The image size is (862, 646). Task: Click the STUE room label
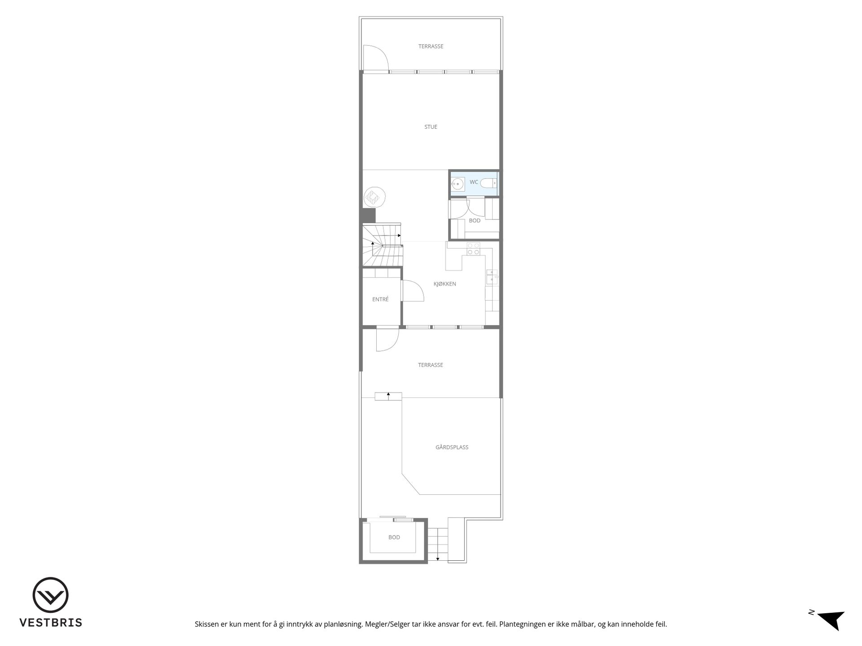431,127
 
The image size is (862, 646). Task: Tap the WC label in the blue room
474,182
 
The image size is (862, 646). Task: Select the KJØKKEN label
444,284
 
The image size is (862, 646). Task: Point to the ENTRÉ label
380,299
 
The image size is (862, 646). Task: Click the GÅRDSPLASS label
452,447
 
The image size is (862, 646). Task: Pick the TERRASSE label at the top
431,46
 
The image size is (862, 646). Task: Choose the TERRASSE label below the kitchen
430,365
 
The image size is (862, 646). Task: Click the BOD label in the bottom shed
394,537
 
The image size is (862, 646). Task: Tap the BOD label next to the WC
475,221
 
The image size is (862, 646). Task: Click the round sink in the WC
457,184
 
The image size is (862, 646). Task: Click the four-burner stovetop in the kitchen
473,249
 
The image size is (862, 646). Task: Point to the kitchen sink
492,276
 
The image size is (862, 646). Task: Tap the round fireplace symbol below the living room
374,197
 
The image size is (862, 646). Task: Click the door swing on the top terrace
376,58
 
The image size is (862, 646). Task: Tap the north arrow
831,620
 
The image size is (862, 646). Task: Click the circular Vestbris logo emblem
50,595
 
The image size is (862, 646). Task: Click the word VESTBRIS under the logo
50,623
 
